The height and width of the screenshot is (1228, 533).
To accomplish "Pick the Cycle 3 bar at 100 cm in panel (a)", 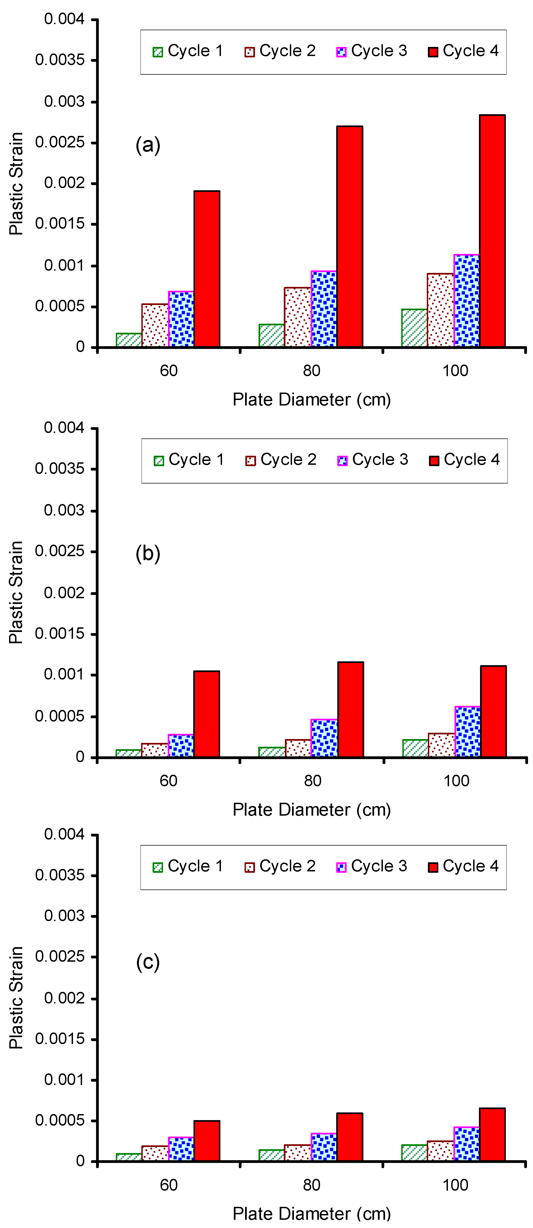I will coord(467,301).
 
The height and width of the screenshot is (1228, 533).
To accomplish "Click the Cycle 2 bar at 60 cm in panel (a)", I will coord(155,326).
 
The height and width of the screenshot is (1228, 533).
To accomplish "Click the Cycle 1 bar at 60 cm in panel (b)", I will coord(129,753).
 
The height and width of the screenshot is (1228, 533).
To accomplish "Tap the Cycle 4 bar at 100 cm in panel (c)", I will coord(492,1135).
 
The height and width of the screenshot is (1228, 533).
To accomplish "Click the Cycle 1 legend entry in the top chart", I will coord(188,51).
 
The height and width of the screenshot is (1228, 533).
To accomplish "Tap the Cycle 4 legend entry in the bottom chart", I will coord(463,866).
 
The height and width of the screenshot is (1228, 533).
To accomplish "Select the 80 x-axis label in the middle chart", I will coord(312,781).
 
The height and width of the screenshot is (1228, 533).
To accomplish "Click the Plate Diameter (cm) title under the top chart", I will coord(312,399).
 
